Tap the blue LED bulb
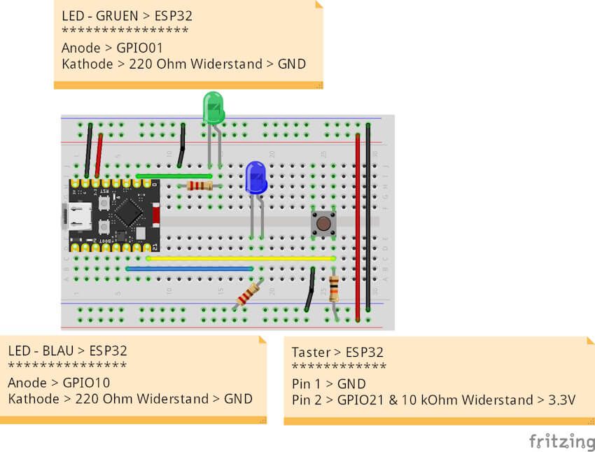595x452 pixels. point(255,178)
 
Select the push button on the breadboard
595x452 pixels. point(323,223)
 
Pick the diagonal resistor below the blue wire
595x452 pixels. point(248,294)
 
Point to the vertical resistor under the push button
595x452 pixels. point(334,286)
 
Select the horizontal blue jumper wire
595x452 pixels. point(189,268)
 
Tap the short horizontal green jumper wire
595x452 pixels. point(174,176)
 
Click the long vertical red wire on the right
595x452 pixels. point(358,224)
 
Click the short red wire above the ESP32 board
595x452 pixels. point(99,155)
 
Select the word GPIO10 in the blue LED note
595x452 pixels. point(86,383)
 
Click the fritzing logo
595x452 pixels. point(561,441)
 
